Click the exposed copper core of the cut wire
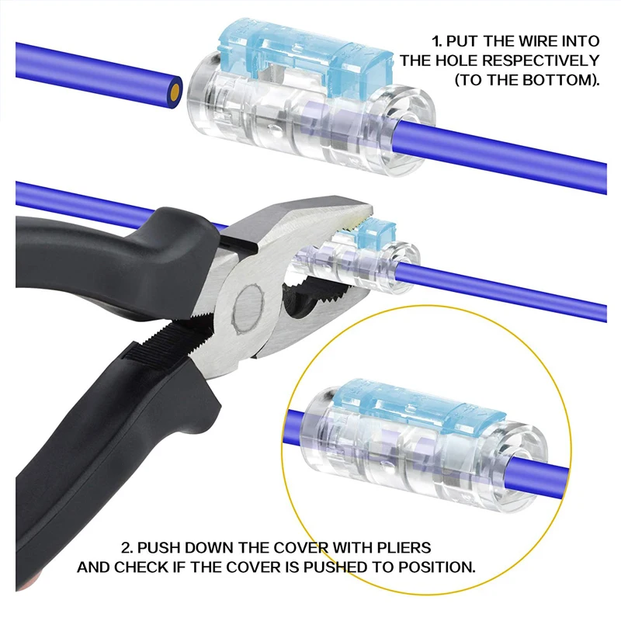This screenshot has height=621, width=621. point(175,92)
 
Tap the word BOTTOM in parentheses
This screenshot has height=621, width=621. point(556,80)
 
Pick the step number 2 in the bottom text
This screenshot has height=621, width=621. point(126,547)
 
